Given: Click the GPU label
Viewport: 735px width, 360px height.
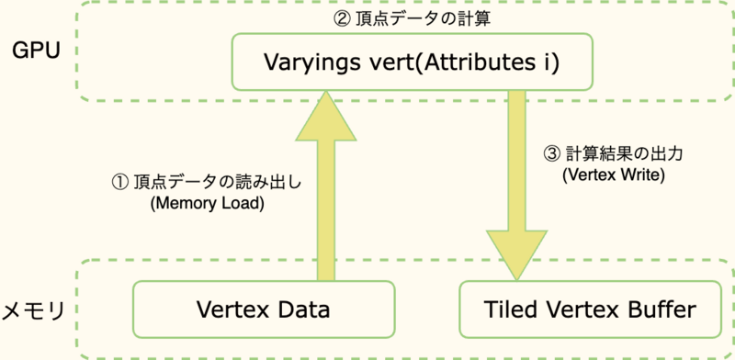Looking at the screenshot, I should point(36,50).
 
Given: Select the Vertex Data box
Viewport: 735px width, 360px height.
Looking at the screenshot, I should point(264,309).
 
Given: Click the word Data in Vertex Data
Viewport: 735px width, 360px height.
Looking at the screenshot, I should point(308,309).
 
